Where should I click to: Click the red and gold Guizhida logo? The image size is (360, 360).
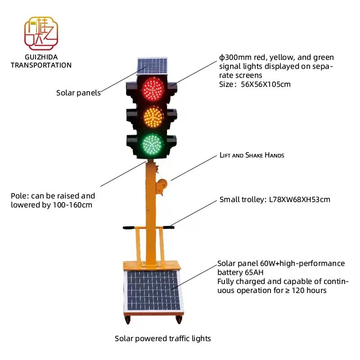41,34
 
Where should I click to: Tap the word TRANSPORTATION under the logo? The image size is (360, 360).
41,65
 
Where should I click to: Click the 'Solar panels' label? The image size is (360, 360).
78,93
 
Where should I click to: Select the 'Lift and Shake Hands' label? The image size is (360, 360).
252,155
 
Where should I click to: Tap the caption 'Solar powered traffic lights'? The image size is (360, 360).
162,338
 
